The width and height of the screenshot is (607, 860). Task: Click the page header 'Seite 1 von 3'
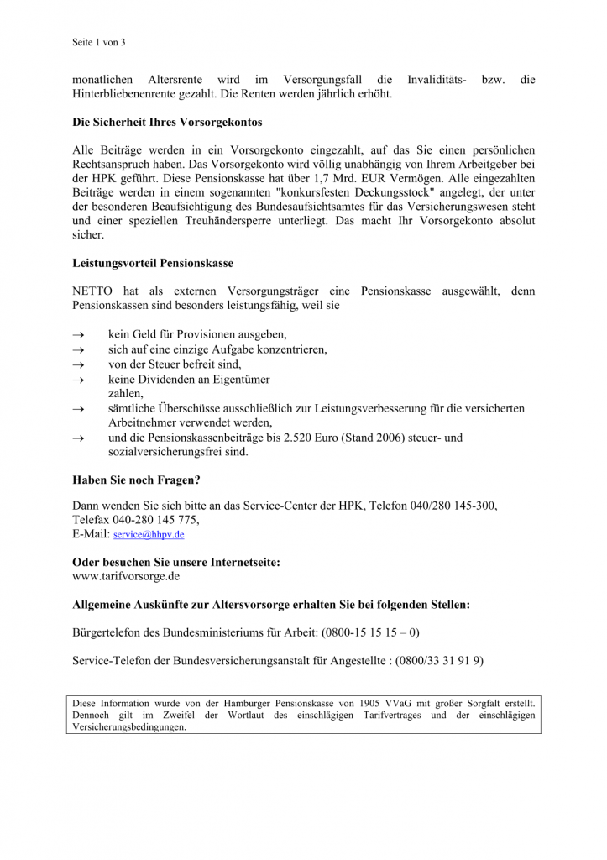[x=98, y=42]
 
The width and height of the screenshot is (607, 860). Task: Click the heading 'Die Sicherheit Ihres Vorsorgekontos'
[x=167, y=123]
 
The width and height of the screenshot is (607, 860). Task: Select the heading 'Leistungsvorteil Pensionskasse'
[x=153, y=264]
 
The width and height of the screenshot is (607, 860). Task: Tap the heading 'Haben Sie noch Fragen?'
[x=136, y=481]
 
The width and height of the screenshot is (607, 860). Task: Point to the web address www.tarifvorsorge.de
[x=126, y=577]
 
